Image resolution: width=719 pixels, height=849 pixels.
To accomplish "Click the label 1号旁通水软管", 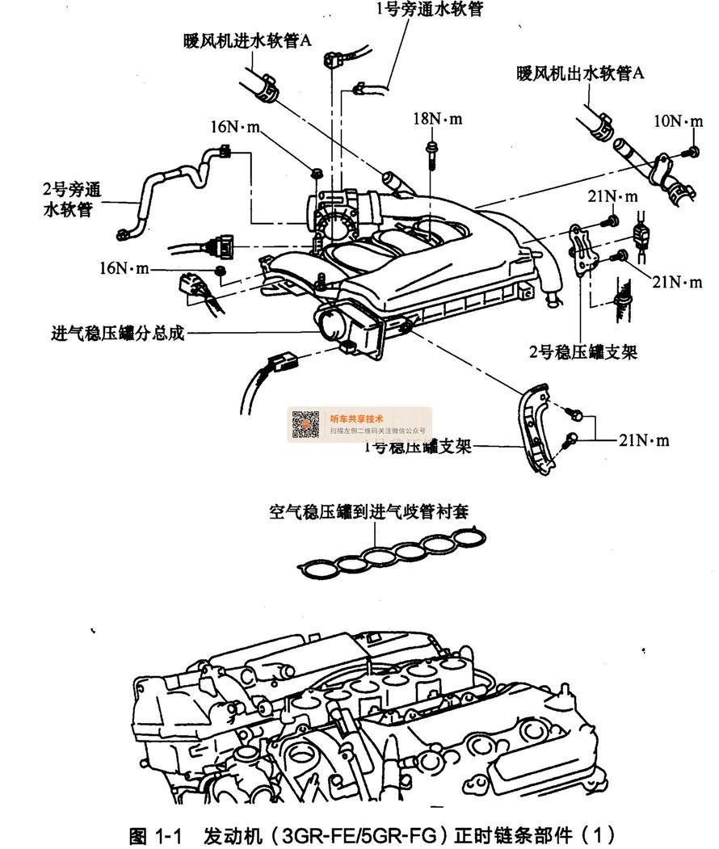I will pyautogui.click(x=430, y=11).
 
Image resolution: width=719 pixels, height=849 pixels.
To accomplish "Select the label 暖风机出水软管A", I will pyautogui.click(x=581, y=74).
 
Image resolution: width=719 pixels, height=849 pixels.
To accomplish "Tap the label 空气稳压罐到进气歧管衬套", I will pyautogui.click(x=369, y=511).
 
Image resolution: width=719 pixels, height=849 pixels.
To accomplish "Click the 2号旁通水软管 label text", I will pyautogui.click(x=72, y=200).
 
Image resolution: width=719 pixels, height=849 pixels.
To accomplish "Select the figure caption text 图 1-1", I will pyautogui.click(x=157, y=833).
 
